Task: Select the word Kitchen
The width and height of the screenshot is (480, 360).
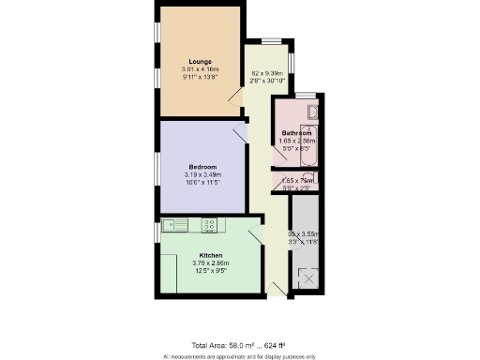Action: pyautogui.click(x=211, y=254)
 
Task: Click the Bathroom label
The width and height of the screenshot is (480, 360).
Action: pyautogui.click(x=296, y=133)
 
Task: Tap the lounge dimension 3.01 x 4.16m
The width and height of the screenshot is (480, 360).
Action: pyautogui.click(x=200, y=69)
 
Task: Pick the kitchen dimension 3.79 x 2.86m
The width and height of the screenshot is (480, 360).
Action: pyautogui.click(x=211, y=262)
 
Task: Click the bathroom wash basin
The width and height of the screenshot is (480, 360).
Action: pyautogui.click(x=314, y=112)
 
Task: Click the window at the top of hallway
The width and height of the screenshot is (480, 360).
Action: pyautogui.click(x=270, y=40)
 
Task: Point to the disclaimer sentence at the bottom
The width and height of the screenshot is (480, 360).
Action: pyautogui.click(x=239, y=356)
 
